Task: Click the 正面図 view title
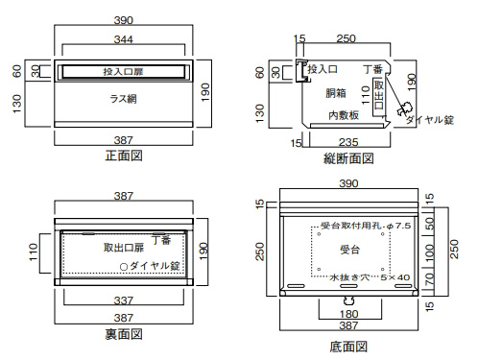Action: click(124, 156)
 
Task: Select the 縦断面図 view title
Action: click(348, 158)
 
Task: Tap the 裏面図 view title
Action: click(124, 334)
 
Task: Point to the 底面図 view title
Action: click(348, 347)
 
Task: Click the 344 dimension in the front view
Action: click(124, 39)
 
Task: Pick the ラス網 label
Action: click(124, 99)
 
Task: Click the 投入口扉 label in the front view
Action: click(123, 72)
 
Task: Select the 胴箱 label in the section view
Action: click(336, 93)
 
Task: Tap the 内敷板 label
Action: click(344, 115)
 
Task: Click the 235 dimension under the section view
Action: click(348, 142)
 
